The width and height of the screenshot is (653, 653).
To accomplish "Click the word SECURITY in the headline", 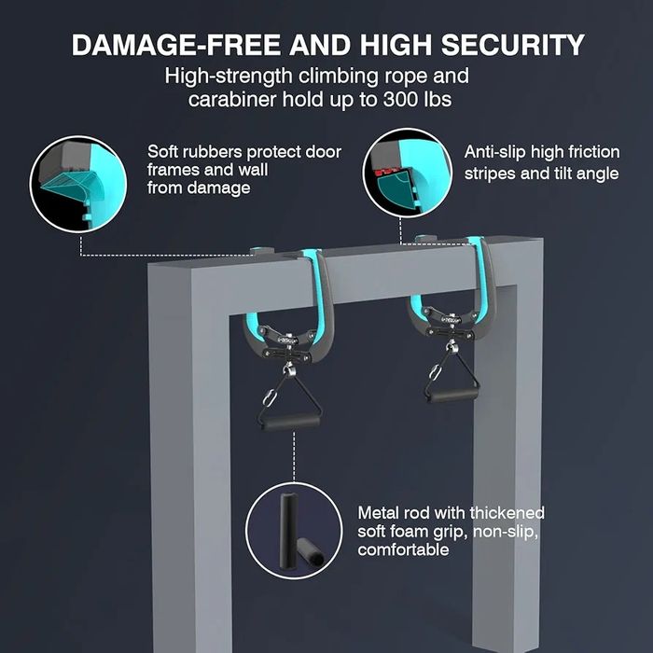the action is [513, 45].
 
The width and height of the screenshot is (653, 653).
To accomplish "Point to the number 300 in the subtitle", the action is [401, 100].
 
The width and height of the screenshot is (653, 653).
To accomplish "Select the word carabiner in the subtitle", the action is [232, 100].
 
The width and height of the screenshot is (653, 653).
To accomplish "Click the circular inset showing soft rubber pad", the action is [78, 183].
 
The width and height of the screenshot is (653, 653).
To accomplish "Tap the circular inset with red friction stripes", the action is [408, 173].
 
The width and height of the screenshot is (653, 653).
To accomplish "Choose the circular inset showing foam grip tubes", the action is [294, 531].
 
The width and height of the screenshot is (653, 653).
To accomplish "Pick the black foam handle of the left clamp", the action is [290, 423].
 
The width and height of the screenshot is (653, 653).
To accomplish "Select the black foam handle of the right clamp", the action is [451, 395].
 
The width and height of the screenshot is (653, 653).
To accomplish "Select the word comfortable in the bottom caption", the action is [403, 549].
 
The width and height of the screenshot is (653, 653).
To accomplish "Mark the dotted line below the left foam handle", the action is [294, 457].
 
